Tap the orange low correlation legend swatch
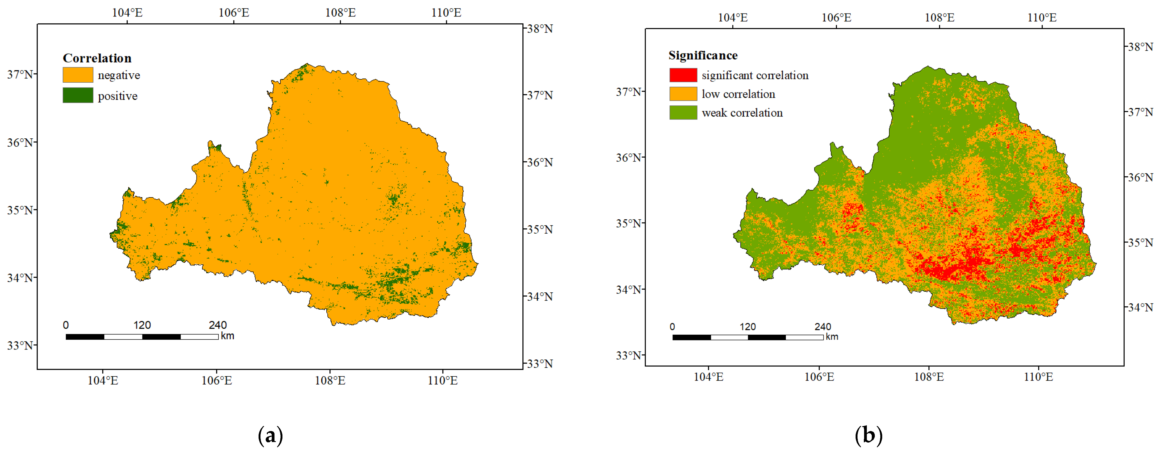tap(683, 94)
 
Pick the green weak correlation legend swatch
tap(683, 113)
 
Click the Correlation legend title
tap(97, 58)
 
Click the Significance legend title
tap(702, 55)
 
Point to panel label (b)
tap(868, 435)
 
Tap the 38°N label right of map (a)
tap(540, 29)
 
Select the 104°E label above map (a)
tap(127, 13)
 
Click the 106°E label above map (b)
tap(836, 18)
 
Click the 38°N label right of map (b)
tap(1140, 47)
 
